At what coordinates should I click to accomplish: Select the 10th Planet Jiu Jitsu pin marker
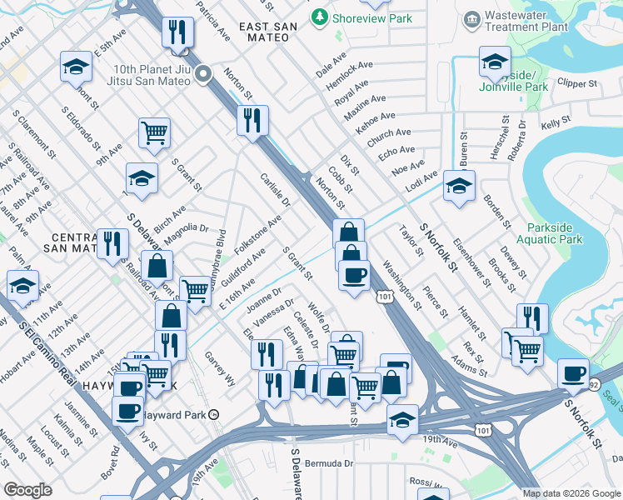click(204, 76)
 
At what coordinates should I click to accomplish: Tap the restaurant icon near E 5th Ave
click(177, 33)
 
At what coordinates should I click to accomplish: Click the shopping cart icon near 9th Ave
click(155, 132)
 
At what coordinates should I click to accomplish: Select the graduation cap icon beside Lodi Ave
click(458, 187)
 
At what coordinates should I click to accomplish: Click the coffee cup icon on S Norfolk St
click(573, 374)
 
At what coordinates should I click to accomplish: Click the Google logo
click(28, 490)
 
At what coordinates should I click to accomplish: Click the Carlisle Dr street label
click(273, 191)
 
